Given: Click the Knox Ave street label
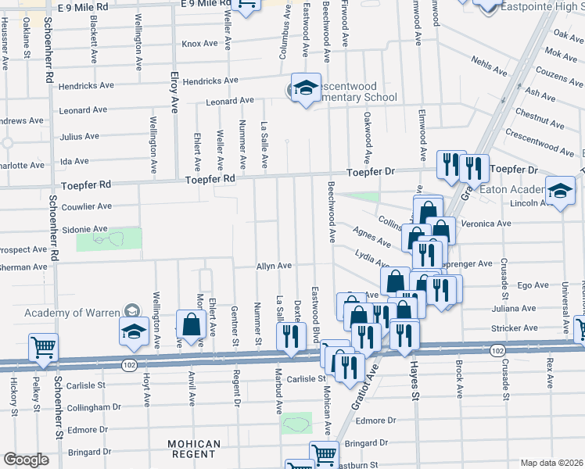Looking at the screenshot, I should coord(199,44).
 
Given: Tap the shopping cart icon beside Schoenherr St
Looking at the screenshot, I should coord(43,347).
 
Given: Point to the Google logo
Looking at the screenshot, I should coord(26,460).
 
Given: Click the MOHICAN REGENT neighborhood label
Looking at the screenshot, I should coord(194,449).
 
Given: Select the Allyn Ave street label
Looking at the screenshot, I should coord(275,267).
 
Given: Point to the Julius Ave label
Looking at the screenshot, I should coord(80,136).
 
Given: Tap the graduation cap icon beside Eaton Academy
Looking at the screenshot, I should coord(560,192).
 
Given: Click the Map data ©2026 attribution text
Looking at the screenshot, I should coord(551,463).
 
